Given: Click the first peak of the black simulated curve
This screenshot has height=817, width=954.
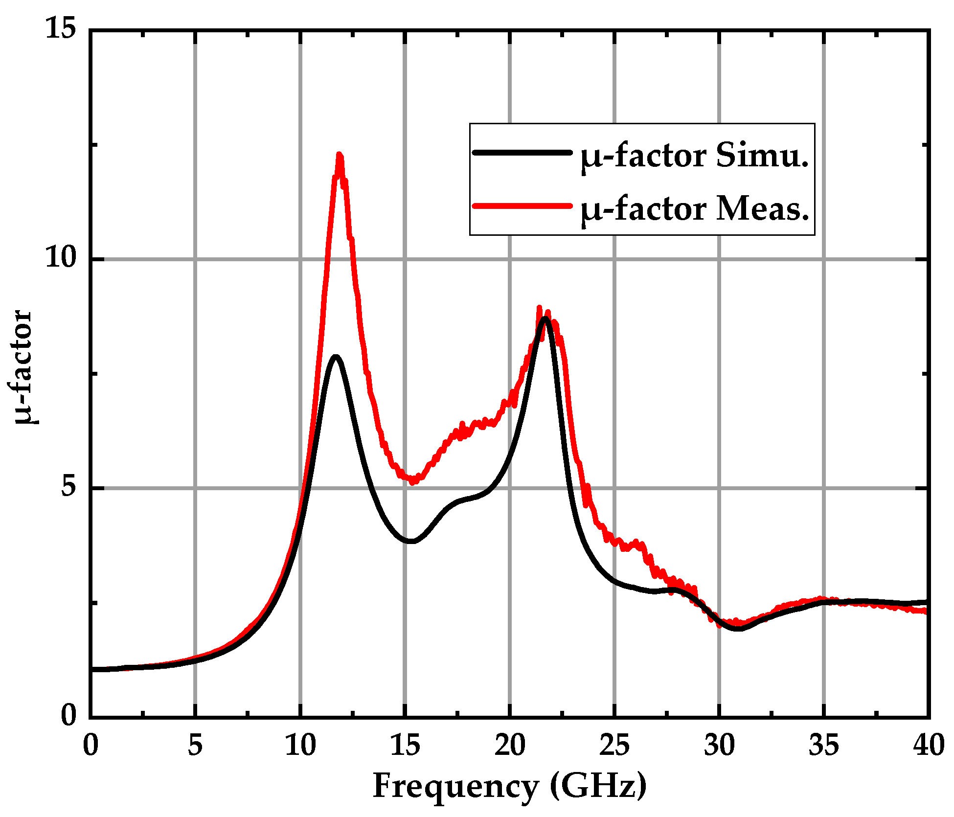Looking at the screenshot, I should point(336,357).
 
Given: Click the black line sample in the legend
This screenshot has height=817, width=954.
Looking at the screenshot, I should point(522,153).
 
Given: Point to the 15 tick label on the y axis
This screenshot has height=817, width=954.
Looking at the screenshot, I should point(61,29).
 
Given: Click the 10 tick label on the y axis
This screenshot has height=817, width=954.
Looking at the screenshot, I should point(61,258).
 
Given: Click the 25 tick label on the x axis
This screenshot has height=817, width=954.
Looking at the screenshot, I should point(614,746).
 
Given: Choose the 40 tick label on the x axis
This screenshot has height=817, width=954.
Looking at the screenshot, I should point(928,746).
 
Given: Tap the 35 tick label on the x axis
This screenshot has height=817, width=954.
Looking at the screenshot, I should point(824,746).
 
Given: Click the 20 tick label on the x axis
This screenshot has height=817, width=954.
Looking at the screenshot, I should point(510,746).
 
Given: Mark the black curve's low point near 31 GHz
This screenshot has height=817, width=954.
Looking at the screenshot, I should point(738,628).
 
